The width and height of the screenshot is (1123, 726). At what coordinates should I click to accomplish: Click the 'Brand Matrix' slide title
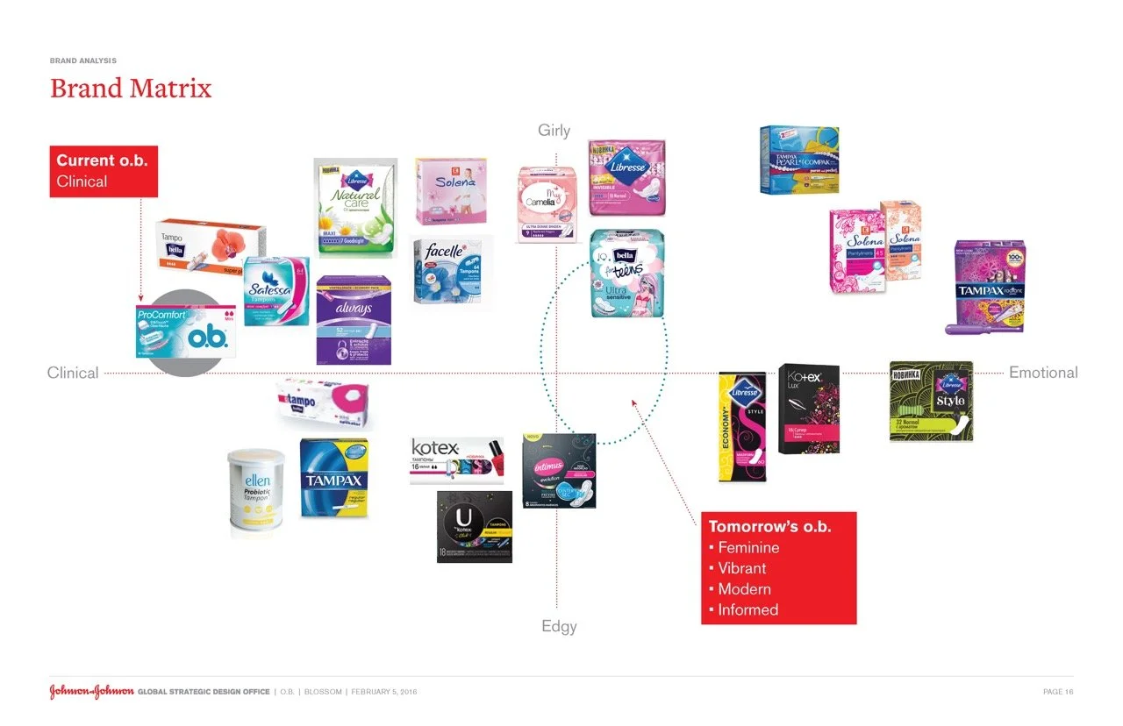tap(131, 89)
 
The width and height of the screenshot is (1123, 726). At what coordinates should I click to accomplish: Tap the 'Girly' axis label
tap(554, 131)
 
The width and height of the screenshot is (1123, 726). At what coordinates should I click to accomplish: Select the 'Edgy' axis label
tap(559, 627)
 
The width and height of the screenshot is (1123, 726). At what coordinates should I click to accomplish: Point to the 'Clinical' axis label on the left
tap(73, 373)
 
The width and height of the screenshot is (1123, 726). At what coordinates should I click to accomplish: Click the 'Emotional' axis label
tap(1043, 373)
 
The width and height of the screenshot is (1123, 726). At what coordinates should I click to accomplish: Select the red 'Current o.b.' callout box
tap(104, 171)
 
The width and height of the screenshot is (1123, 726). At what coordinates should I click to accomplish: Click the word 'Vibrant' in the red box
tap(742, 568)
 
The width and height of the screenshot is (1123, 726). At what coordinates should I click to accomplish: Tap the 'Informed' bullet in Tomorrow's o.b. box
tap(747, 609)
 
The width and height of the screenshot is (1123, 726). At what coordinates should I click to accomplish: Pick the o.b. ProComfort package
tap(182, 331)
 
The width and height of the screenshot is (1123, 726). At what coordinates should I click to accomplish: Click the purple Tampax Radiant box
tap(990, 286)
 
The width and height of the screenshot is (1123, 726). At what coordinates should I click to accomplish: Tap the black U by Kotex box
tap(475, 526)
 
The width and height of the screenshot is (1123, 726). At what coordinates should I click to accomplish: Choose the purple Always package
tap(354, 319)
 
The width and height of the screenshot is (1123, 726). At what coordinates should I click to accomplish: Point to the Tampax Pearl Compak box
tap(798, 159)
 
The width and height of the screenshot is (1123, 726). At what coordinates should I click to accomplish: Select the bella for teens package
tap(626, 273)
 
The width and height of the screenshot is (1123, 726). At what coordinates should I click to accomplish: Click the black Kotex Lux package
tap(809, 409)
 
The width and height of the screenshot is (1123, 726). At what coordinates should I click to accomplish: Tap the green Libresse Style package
tap(931, 400)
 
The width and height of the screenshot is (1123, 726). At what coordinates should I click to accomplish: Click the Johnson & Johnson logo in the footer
tap(91, 692)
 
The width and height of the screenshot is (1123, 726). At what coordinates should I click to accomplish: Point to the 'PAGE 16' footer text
tap(1057, 692)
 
